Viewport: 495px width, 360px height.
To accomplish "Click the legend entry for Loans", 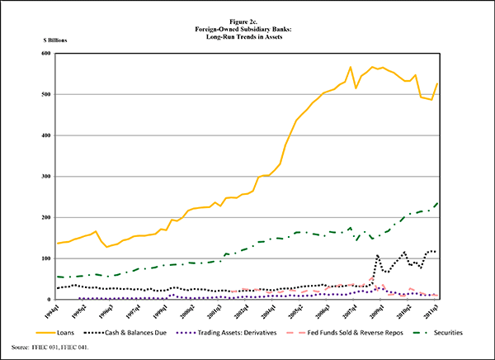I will coord(75,332).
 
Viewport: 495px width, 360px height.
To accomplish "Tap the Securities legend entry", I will coord(436,332).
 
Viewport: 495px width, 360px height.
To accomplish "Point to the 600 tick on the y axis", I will coord(46,54).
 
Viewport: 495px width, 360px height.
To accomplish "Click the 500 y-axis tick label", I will coord(46,94).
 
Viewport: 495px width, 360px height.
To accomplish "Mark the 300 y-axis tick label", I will coord(46,176).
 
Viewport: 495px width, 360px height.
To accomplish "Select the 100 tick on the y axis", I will coord(46,258).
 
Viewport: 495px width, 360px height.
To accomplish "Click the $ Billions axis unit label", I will coord(55,40).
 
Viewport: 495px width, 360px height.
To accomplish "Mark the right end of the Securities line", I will coord(437,202).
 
